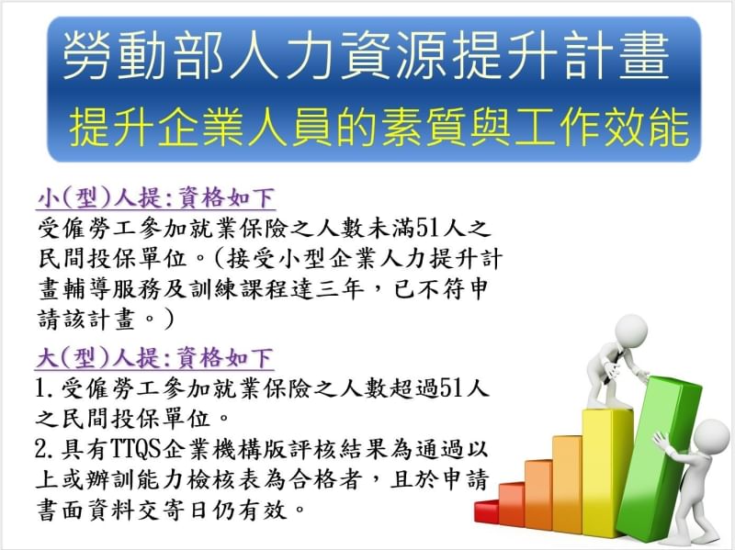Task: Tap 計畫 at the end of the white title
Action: coord(616,56)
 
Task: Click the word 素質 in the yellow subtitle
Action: coord(425,128)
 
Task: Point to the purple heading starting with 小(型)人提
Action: coord(156,198)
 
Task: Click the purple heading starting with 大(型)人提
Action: coord(155,358)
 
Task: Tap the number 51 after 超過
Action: coord(450,388)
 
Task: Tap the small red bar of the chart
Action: coord(486,511)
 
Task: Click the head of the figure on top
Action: coord(630,331)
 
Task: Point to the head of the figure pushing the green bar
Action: coord(711,437)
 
